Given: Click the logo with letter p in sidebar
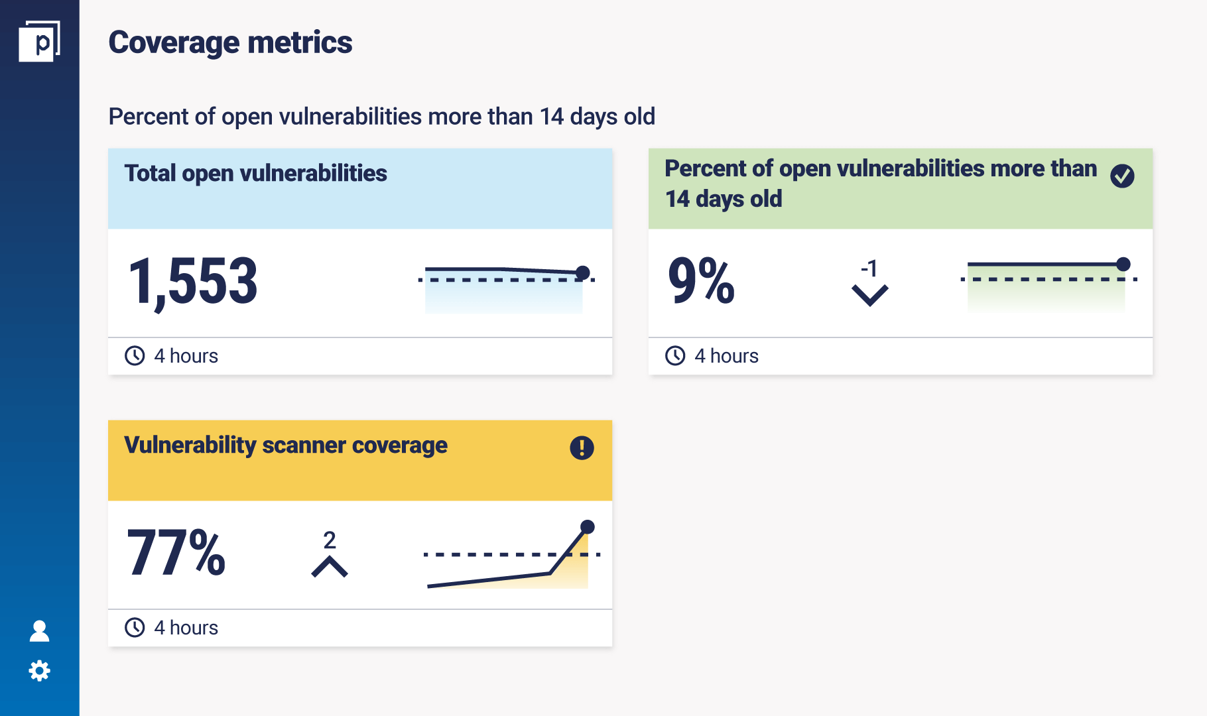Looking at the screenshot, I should pos(39,41).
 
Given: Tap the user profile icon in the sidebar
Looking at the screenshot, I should pos(40,631).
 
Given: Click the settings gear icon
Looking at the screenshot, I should pos(40,671).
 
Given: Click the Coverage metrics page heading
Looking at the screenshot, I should pos(230,42).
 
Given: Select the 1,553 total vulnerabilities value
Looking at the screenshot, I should pos(192,282).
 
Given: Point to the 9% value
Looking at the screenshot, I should pos(701,281).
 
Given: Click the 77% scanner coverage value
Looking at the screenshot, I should pos(176,553).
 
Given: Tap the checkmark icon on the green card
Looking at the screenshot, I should pos(1122,176).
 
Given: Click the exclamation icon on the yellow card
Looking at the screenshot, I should pos(582,447).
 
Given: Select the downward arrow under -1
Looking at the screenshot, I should pos(869,295).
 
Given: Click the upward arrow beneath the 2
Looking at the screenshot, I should pos(330,567).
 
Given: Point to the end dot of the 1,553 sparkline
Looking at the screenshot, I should pos(583,272).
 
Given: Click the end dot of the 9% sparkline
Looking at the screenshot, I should pos(1123,264).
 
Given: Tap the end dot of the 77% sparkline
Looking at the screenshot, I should pos(588,527).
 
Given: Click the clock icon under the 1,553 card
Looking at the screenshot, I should pos(135,356).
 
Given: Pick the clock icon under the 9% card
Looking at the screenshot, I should pos(675,356).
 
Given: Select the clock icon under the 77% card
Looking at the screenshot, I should pos(135,628).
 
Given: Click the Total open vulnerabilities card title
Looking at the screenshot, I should pos(255,173).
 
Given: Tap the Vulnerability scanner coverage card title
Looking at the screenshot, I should pos(286,445).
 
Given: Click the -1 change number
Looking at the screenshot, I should pos(869,268).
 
